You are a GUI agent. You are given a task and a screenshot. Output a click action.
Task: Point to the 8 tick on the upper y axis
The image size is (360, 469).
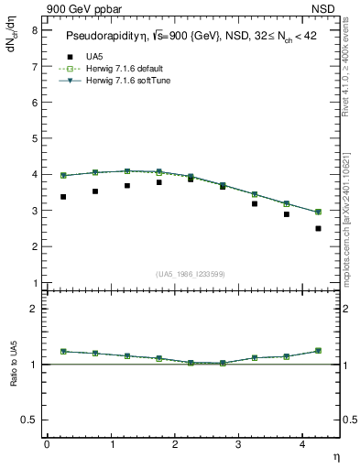34,29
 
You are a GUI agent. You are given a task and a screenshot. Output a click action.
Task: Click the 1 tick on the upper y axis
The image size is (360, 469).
34,283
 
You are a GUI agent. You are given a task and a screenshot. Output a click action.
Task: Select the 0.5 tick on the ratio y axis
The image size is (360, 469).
30,420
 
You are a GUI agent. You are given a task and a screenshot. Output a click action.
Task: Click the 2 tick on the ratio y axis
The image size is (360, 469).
34,309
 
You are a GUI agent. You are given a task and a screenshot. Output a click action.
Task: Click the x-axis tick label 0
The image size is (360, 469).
47,444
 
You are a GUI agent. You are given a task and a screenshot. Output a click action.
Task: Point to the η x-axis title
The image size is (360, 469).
335,455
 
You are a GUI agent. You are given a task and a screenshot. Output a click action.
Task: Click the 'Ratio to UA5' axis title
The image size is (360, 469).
15,377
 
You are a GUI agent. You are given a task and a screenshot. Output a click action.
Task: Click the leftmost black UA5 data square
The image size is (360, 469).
63,197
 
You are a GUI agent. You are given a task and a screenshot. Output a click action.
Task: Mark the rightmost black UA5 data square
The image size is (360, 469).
318,228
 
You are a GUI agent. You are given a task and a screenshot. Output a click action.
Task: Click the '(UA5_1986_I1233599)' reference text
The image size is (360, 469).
191,274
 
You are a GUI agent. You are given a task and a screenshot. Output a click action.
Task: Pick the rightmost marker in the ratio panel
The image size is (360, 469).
318,351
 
